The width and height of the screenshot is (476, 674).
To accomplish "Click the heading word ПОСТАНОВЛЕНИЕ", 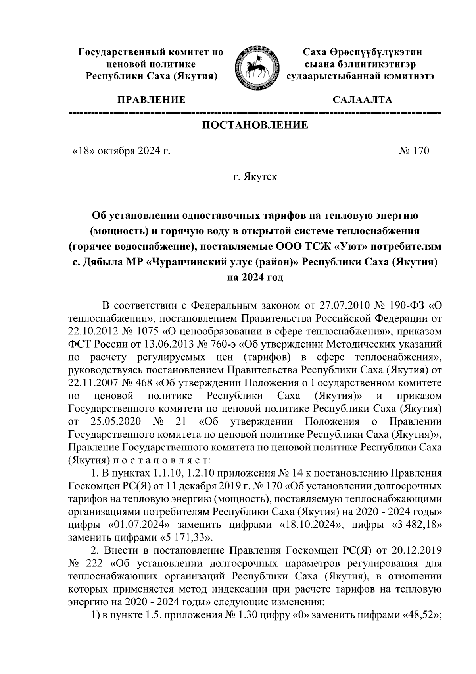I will tap(255, 126).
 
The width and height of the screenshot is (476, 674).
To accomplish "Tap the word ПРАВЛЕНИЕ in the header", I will tap(151, 99).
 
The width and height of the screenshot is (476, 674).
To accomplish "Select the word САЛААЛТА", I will tap(363, 99).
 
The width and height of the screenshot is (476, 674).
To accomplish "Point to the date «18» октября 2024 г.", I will tap(121, 151).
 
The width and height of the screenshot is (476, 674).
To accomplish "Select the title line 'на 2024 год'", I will tap(255, 277).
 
